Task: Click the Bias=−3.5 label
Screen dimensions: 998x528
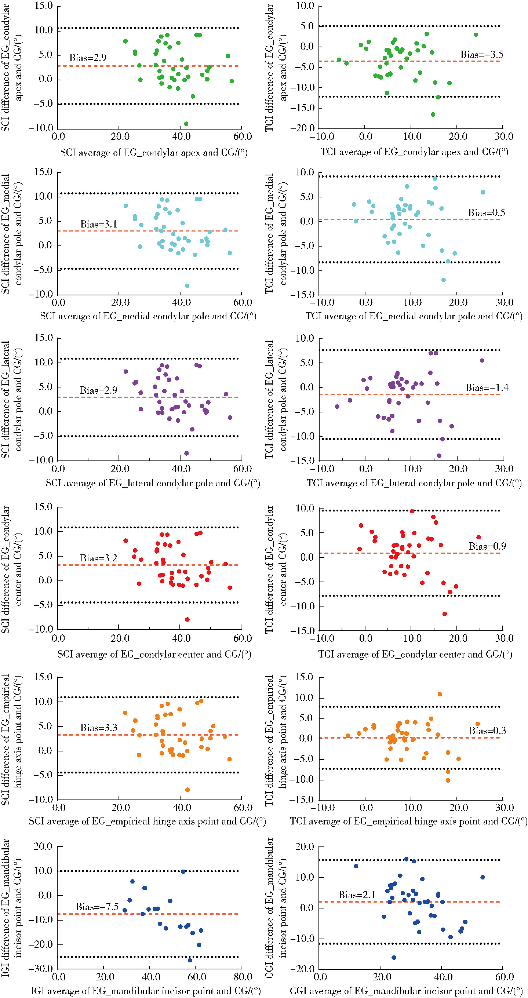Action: tap(481, 55)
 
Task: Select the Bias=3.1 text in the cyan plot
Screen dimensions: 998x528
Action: tap(98, 224)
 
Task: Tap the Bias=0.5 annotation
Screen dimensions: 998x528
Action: tap(487, 213)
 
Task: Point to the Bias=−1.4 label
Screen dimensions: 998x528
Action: tap(487, 388)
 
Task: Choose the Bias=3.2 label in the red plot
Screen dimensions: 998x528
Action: tap(98, 558)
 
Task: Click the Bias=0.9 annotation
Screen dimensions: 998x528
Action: tap(487, 547)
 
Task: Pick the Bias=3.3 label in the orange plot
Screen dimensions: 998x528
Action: tap(99, 728)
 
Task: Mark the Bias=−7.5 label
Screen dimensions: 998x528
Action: tap(97, 907)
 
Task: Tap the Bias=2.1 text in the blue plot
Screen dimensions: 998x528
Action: tap(357, 895)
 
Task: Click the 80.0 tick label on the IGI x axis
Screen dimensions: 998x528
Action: tap(243, 977)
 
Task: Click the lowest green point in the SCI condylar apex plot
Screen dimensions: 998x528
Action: tap(186, 124)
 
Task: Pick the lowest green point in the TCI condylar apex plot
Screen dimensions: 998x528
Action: tap(433, 114)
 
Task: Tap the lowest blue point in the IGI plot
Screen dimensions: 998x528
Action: tap(190, 960)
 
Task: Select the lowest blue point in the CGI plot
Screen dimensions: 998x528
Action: tap(394, 957)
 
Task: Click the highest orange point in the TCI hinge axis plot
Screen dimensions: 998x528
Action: tap(440, 694)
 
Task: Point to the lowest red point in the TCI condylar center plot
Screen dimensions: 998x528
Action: tap(444, 614)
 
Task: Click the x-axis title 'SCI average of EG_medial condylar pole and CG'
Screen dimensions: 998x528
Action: tap(148, 317)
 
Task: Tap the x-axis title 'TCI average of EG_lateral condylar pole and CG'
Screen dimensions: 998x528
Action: tap(414, 483)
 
